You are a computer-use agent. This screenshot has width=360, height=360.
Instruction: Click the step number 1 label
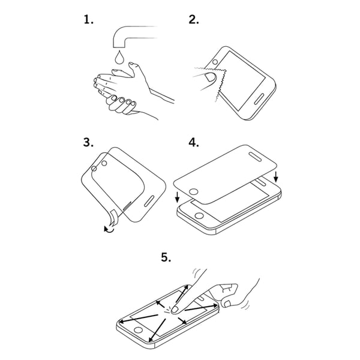(88, 20)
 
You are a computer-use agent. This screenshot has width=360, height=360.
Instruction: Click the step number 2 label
(194, 20)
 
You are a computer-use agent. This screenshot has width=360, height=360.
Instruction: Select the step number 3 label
(88, 142)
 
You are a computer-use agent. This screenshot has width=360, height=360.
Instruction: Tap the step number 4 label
(194, 142)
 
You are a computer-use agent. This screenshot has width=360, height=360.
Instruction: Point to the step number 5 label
(166, 257)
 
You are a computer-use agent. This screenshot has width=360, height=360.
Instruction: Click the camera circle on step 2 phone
(215, 62)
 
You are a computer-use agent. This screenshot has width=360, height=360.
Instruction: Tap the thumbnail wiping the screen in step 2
(210, 77)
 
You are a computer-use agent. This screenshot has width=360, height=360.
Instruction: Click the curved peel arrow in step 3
(109, 230)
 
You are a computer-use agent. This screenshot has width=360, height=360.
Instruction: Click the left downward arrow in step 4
(177, 197)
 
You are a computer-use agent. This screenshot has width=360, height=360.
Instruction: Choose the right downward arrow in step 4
(276, 176)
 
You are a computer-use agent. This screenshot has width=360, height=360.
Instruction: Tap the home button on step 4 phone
(199, 215)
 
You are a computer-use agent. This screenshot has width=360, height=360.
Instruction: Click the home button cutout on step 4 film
(194, 192)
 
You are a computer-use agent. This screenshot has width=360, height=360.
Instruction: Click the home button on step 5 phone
(138, 330)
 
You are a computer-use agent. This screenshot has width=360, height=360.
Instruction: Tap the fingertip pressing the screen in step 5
(176, 310)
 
